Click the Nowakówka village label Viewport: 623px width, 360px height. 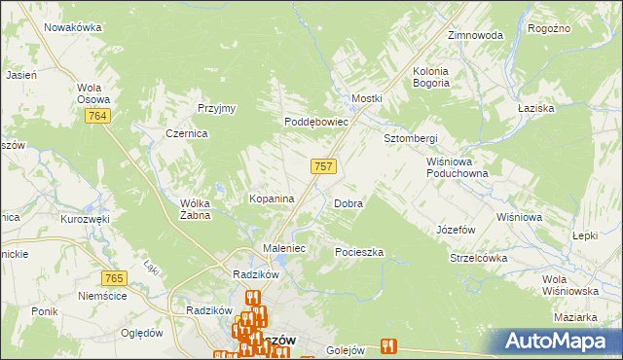[72, 27]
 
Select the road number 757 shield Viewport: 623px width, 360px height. [324, 166]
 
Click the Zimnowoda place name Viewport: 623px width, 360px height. [475, 35]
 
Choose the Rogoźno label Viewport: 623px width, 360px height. [548, 29]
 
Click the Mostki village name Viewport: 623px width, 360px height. [367, 99]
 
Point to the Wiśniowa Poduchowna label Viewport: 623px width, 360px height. [457, 167]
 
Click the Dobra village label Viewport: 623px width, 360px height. [348, 204]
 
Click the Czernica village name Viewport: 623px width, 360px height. [187, 134]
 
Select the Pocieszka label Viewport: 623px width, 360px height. [359, 252]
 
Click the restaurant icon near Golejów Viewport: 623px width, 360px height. [389, 344]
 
